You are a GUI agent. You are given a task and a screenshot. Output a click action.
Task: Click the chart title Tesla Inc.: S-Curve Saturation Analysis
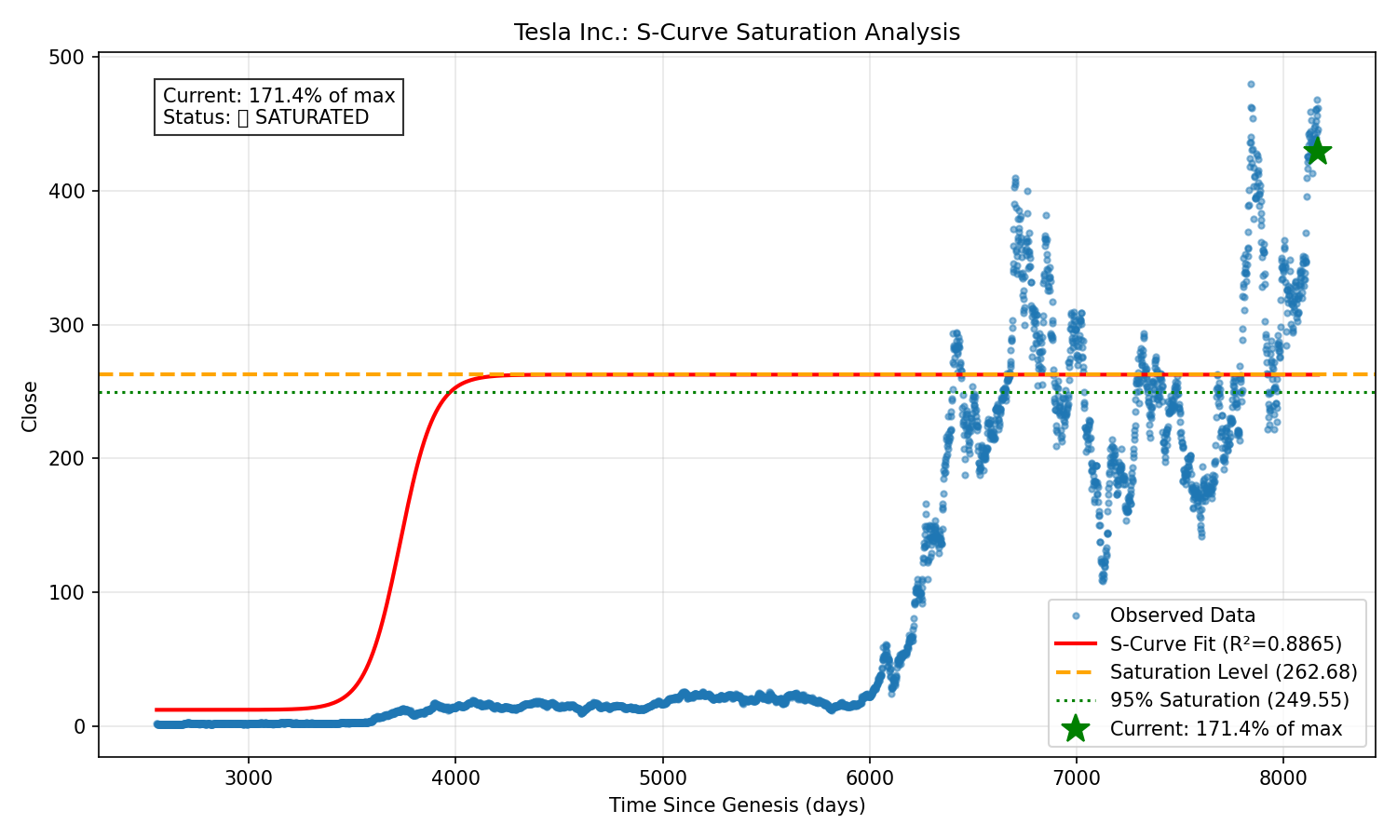[737, 33]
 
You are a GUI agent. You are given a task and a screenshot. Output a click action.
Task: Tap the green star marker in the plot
[1317, 151]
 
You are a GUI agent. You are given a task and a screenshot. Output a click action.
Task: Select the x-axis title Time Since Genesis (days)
[737, 805]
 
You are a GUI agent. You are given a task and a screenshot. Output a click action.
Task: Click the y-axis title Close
[30, 406]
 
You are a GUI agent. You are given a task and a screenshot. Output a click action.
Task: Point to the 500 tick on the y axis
[68, 58]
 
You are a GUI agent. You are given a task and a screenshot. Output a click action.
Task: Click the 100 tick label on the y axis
[68, 592]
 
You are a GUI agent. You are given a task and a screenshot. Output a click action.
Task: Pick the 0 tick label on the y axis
[80, 726]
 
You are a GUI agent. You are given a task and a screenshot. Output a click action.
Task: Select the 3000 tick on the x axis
[248, 778]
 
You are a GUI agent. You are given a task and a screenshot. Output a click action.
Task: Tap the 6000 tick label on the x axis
[869, 778]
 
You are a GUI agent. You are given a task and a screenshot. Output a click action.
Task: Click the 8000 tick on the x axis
[1283, 778]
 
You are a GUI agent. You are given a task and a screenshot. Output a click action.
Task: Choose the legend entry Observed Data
[1182, 615]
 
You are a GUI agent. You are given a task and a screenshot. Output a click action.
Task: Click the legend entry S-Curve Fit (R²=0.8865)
[1225, 644]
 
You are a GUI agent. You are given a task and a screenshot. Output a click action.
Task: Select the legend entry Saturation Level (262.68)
[1233, 672]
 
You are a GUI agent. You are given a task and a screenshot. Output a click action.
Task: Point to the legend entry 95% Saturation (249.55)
[1228, 700]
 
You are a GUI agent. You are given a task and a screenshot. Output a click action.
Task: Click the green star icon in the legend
[1075, 729]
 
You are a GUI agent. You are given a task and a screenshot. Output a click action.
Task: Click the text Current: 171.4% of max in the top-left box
[278, 96]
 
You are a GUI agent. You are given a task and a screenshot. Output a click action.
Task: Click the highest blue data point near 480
[1251, 84]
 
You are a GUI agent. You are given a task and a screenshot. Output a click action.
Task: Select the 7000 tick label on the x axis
[1076, 778]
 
